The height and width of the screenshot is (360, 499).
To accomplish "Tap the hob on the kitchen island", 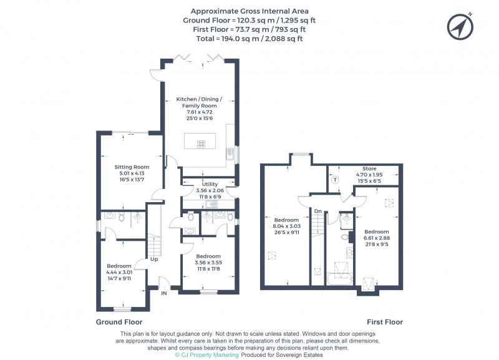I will (x=201, y=144).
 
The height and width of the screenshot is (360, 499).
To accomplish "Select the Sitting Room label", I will (x=132, y=167).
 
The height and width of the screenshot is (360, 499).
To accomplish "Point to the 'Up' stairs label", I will (x=153, y=259).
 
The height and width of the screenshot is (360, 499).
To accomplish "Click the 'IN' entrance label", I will (x=164, y=292).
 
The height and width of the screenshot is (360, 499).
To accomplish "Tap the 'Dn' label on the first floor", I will (x=317, y=212).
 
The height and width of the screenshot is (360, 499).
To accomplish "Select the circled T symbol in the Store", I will (x=334, y=180).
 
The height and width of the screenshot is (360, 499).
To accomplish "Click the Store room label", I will (x=371, y=169).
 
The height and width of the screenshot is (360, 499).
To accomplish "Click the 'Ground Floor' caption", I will (x=119, y=323).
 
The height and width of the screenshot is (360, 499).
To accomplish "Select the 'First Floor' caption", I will (x=385, y=323).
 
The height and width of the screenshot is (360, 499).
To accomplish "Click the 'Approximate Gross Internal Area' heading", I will (x=249, y=11).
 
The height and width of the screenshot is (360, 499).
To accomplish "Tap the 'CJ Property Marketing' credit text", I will (x=206, y=354).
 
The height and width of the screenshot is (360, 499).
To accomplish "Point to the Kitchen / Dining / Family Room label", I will (x=198, y=103).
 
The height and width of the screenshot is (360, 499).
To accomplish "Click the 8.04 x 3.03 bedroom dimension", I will (x=287, y=226).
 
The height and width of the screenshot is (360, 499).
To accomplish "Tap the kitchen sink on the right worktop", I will (x=231, y=153).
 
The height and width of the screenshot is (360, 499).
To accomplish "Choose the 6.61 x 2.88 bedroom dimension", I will (x=376, y=238).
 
